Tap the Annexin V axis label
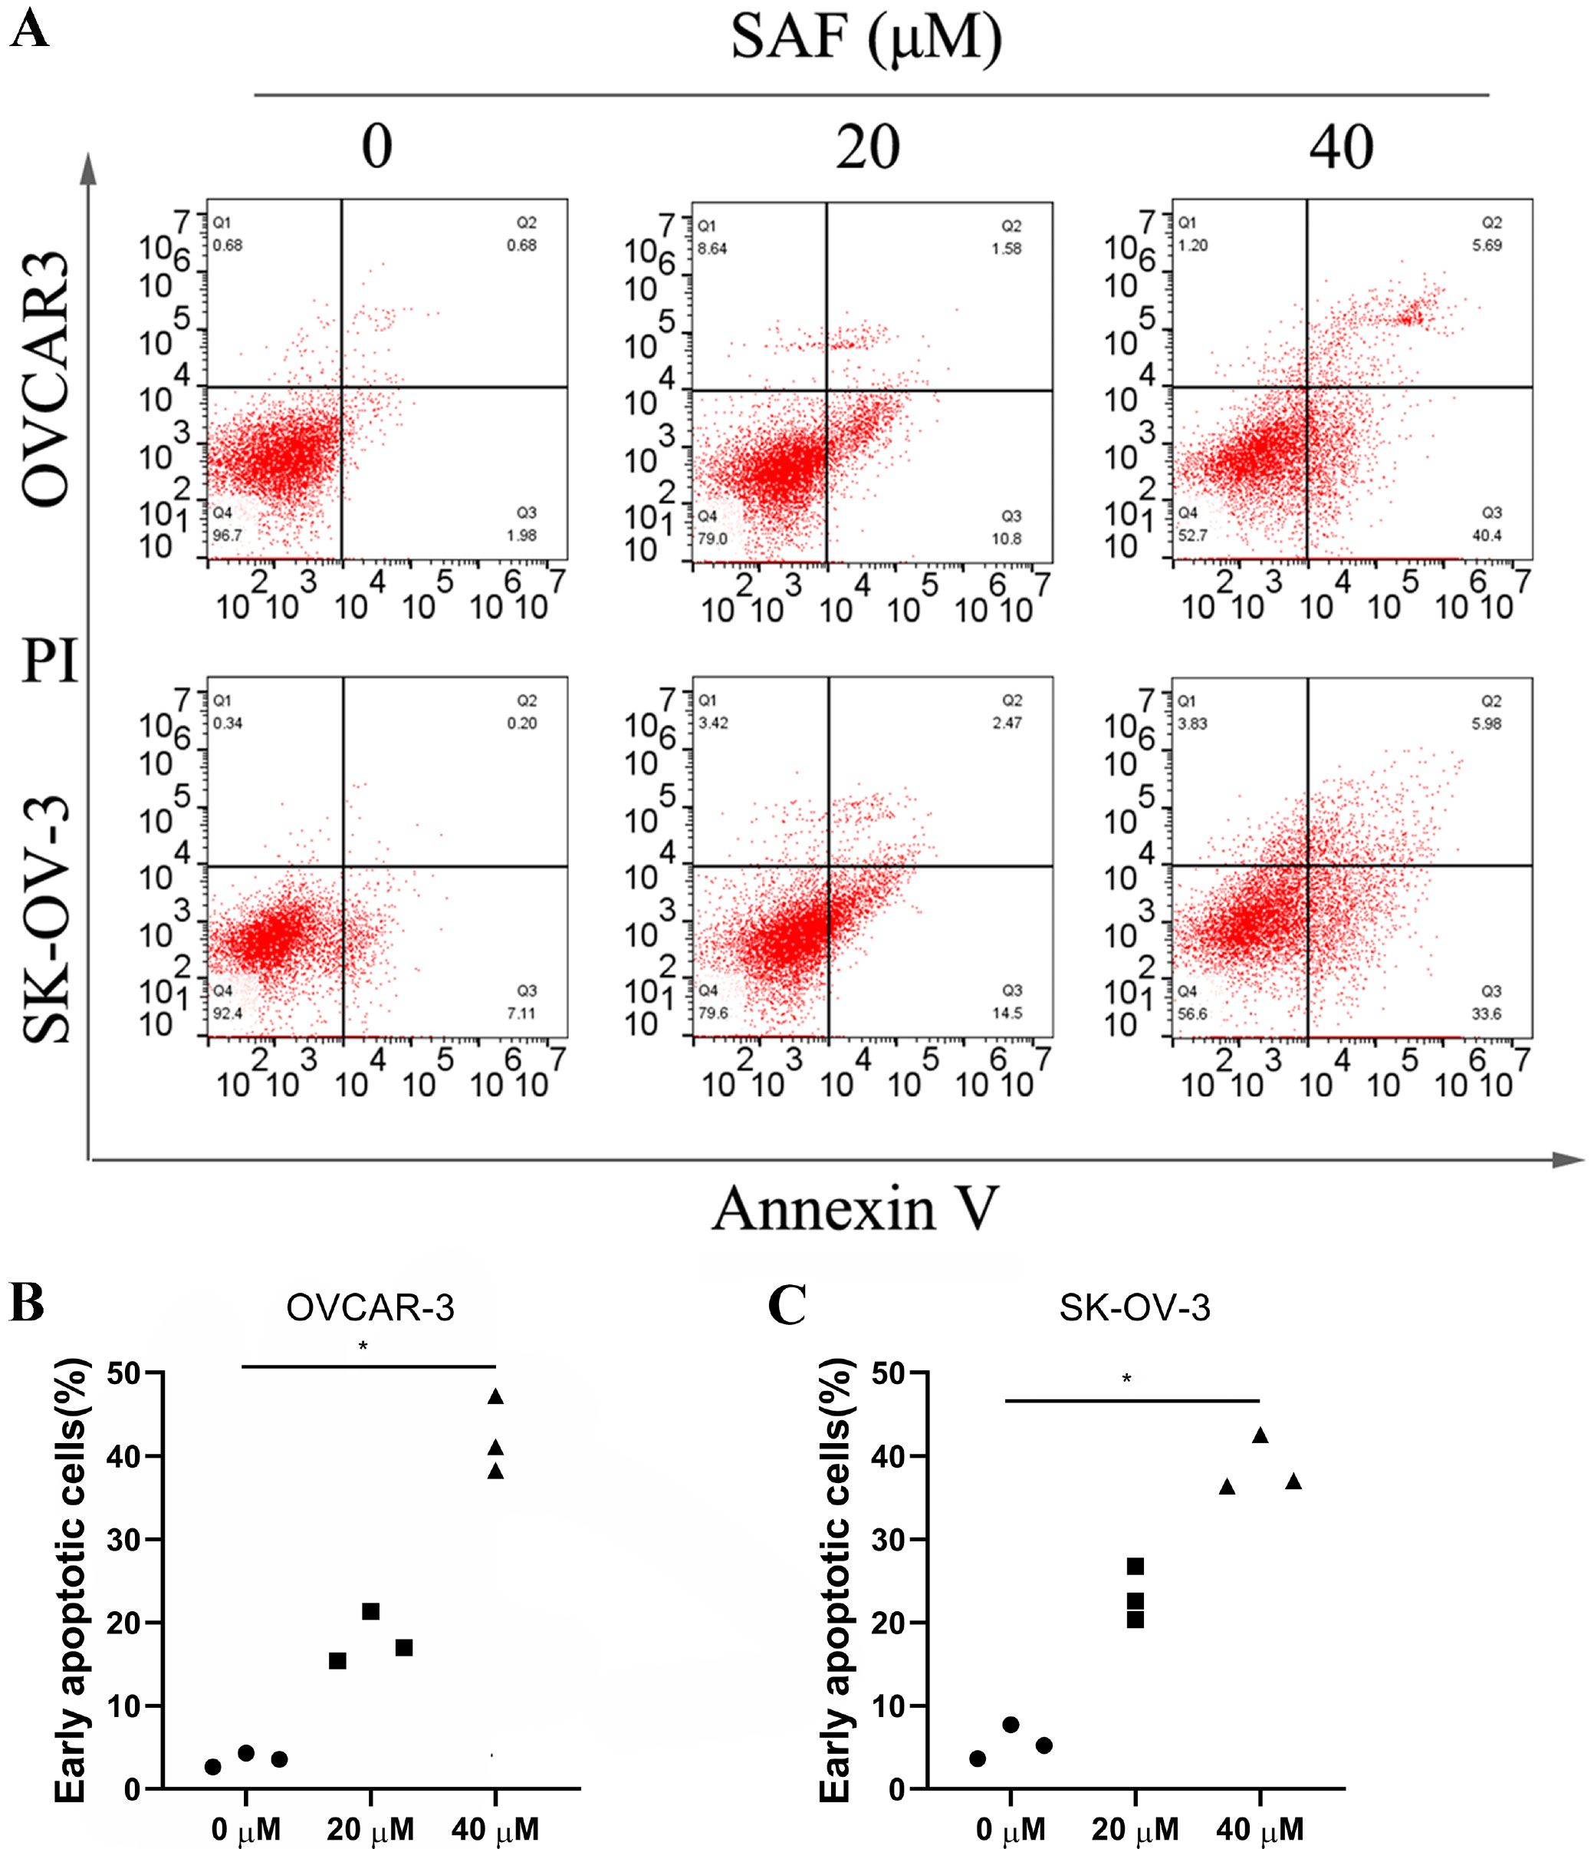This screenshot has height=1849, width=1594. [x=855, y=1208]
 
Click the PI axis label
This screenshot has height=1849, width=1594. [x=50, y=662]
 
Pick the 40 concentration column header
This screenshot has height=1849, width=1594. [x=1341, y=147]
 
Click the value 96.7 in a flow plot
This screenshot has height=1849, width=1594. [x=227, y=536]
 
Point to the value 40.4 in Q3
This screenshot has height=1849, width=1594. [x=1486, y=536]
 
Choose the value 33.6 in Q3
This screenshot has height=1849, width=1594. [x=1486, y=1013]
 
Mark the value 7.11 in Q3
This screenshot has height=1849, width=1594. [x=522, y=1013]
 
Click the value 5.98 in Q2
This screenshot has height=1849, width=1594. [x=1486, y=723]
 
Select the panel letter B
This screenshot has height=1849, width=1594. [x=27, y=1304]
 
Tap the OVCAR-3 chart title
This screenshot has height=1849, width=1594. [x=370, y=1308]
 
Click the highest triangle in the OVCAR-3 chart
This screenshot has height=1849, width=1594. [x=496, y=1396]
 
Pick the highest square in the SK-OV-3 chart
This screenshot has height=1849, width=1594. [x=1135, y=1566]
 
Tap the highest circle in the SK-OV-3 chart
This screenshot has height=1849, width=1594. [x=1011, y=1725]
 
